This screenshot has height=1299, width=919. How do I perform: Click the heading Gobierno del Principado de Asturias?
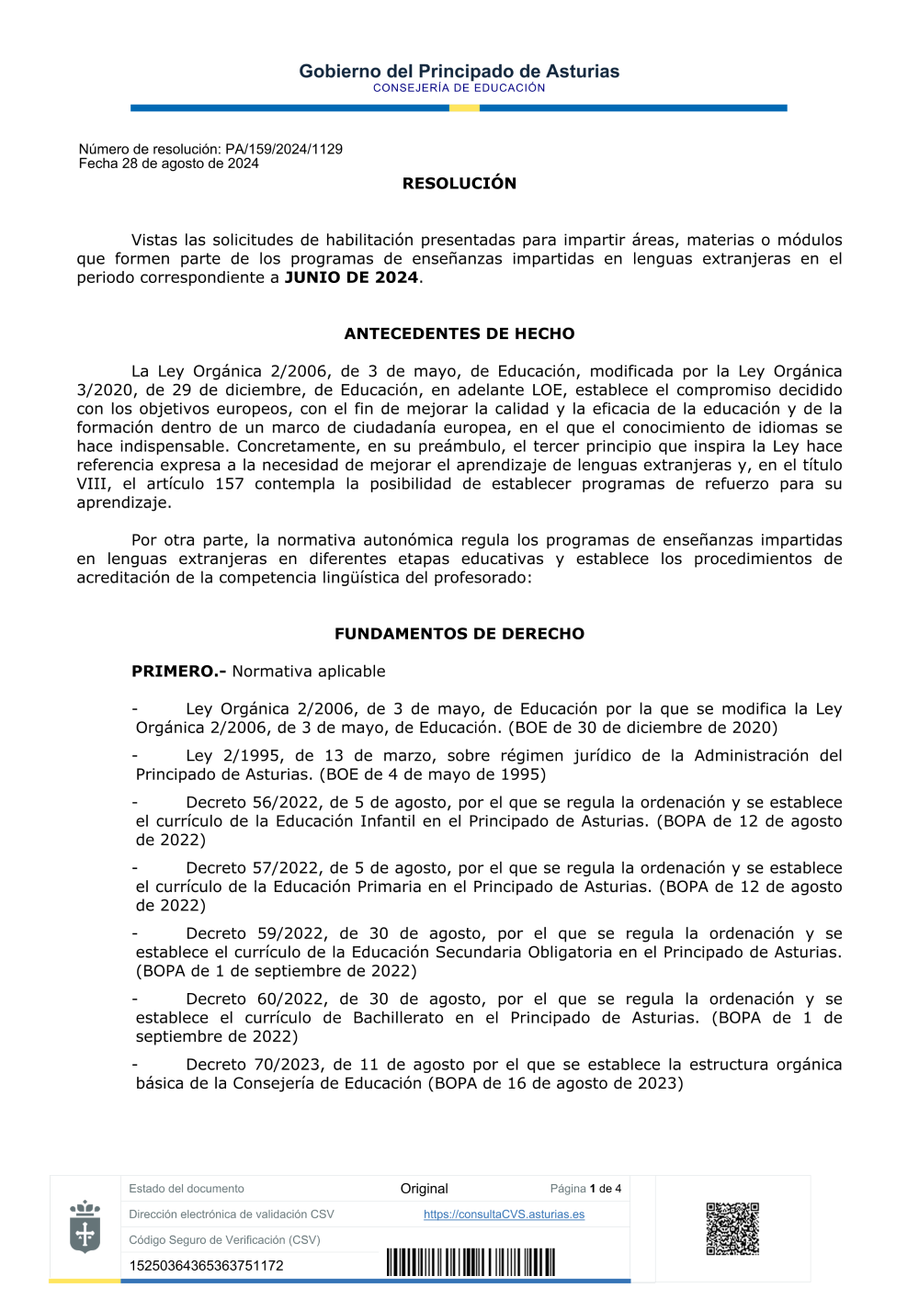[x=459, y=71]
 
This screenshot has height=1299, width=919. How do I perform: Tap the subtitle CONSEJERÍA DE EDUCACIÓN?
[x=459, y=88]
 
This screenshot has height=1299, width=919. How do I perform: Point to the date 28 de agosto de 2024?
[x=190, y=164]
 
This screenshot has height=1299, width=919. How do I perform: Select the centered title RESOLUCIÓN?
[x=459, y=183]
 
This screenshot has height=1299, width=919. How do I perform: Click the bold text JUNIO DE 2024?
[x=351, y=277]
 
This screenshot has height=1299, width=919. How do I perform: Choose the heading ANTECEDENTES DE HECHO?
[x=459, y=333]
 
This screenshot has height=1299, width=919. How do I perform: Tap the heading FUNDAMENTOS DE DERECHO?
[x=459, y=634]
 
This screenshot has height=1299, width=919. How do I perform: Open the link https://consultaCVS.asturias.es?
[x=504, y=1214]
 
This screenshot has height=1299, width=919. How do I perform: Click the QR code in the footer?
[x=732, y=1228]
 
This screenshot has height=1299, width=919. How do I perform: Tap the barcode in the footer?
[x=471, y=1262]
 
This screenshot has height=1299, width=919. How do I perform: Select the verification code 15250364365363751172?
[x=206, y=1266]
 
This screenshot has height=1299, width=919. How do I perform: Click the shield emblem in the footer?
[x=85, y=1226]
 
